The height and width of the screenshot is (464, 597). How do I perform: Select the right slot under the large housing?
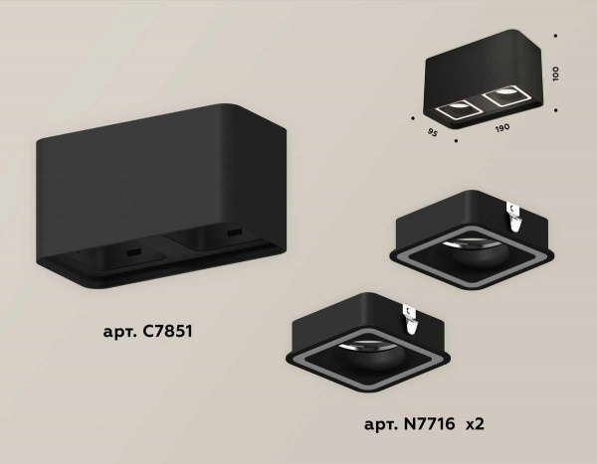[x=236, y=234]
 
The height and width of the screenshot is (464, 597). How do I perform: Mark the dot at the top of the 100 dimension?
[x=555, y=41]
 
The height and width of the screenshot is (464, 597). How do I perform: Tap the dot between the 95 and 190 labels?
[x=454, y=139]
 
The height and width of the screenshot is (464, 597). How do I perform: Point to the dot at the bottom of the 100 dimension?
[x=555, y=107]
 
